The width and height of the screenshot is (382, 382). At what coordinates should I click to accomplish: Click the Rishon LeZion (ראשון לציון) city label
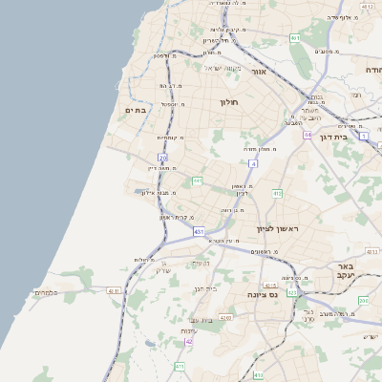[278, 229]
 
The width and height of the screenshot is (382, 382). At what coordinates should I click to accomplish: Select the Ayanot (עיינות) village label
[188, 330]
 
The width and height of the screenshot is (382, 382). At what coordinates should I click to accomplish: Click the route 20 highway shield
[163, 158]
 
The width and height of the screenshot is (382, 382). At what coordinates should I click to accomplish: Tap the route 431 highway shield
[199, 232]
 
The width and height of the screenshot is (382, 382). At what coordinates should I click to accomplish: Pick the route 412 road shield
[277, 194]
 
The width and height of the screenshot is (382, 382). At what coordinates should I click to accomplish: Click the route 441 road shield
[197, 180]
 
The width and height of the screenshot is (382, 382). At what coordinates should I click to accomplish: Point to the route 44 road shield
[308, 135]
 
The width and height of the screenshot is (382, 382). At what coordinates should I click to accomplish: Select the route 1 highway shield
[364, 136]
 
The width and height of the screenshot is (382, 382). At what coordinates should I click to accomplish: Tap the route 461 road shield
[295, 38]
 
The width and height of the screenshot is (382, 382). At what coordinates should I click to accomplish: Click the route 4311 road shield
[114, 290]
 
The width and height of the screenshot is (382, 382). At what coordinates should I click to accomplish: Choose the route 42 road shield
[189, 341]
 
